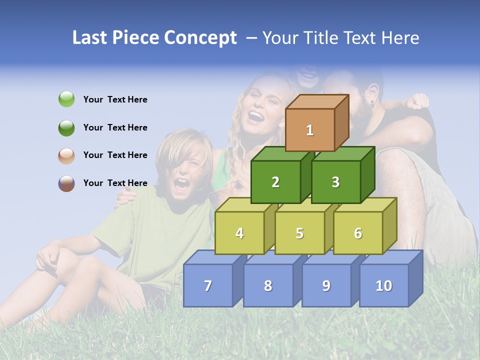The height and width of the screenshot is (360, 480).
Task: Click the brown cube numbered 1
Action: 310,130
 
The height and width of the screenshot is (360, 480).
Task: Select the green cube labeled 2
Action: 275,182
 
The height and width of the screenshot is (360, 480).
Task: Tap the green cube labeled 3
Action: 335,182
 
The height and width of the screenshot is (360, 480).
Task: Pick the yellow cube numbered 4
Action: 239,233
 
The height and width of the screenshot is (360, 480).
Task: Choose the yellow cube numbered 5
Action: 299,233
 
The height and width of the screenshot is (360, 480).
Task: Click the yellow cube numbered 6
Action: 358,233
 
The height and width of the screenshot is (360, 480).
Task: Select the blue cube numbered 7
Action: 208,285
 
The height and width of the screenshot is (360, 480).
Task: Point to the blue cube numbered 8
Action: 268,285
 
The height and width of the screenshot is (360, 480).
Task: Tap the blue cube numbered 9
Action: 326,285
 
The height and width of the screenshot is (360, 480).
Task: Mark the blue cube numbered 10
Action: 384,285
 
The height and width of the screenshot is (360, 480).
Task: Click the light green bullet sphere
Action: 66,99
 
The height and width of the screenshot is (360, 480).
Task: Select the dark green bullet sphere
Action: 66,127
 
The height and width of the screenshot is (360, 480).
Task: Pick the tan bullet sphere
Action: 66,155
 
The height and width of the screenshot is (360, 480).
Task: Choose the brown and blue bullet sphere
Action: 66,183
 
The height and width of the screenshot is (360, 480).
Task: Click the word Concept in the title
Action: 200,38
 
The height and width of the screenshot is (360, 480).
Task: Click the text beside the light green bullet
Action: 115,99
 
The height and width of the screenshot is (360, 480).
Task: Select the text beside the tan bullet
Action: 115,155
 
